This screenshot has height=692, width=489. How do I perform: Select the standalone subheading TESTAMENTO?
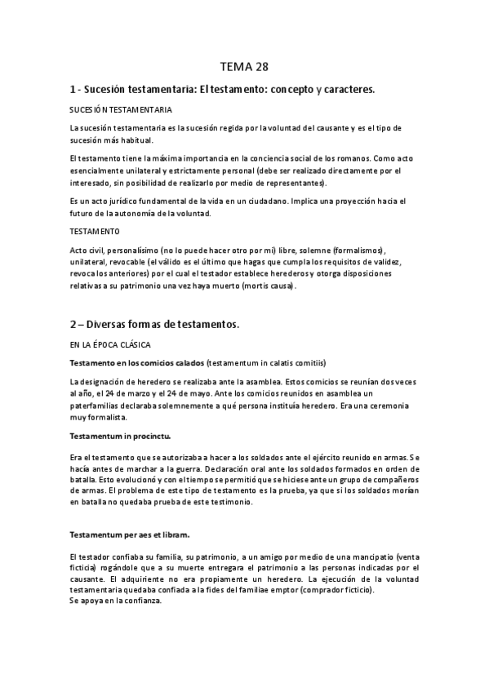pyautogui.click(x=96, y=231)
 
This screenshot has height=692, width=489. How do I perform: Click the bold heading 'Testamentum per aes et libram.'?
pyautogui.click(x=131, y=535)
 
